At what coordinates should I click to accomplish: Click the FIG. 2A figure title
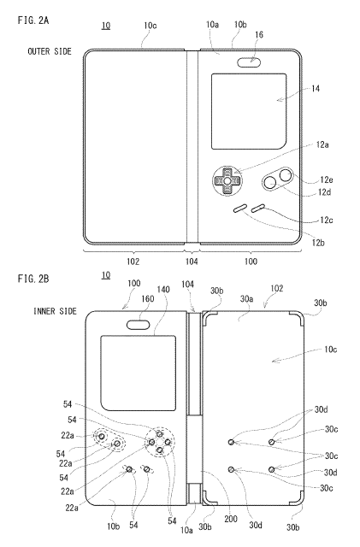click(33, 21)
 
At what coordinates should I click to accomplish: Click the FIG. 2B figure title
click(33, 279)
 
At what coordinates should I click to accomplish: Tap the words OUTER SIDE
click(50, 51)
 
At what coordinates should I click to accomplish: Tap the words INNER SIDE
click(56, 311)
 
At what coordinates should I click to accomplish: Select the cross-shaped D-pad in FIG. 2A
click(227, 180)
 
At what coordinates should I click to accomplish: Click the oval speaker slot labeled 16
click(249, 62)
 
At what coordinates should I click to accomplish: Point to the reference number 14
click(316, 89)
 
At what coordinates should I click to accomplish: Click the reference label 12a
click(322, 144)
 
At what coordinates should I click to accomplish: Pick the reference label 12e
click(327, 179)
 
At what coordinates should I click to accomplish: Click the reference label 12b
click(318, 243)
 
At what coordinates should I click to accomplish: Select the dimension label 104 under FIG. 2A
click(192, 262)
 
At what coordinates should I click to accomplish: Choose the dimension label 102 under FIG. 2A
click(133, 262)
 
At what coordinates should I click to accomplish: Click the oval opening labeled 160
click(139, 325)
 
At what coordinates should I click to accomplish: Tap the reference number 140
click(163, 290)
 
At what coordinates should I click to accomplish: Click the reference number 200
click(231, 519)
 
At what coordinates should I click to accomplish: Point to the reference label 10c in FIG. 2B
click(330, 350)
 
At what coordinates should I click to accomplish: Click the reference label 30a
click(246, 299)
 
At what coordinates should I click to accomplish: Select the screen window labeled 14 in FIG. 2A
click(249, 112)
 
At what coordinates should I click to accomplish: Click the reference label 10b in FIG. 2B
click(113, 526)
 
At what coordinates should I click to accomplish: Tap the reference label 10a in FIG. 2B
click(186, 530)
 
